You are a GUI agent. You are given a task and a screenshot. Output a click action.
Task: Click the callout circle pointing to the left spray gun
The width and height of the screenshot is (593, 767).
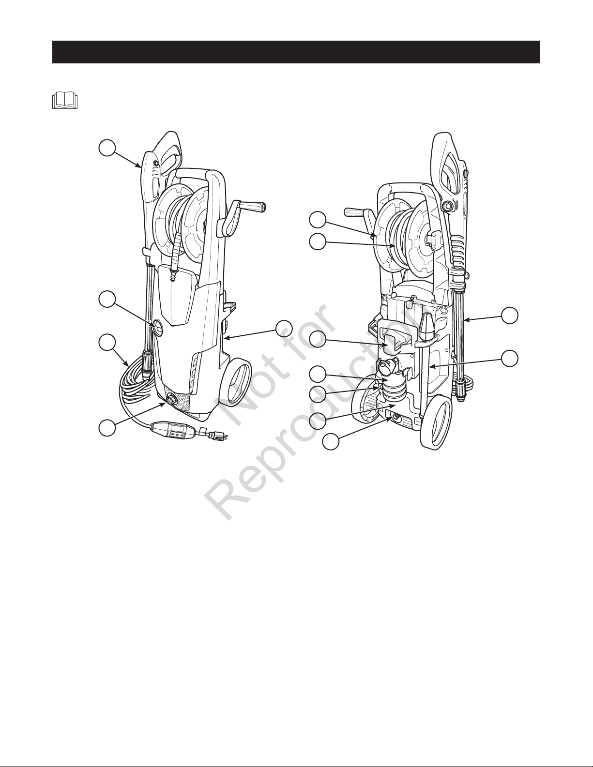tap(106, 148)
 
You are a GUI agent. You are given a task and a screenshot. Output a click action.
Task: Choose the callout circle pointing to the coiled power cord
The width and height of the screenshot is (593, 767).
tap(106, 344)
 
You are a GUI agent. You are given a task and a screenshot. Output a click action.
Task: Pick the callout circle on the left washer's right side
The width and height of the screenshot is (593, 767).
tap(284, 329)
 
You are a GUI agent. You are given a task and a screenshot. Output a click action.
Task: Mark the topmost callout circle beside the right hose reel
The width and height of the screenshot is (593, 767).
tap(318, 220)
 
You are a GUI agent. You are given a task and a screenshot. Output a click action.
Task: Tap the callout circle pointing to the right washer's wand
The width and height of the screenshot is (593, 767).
tap(510, 315)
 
